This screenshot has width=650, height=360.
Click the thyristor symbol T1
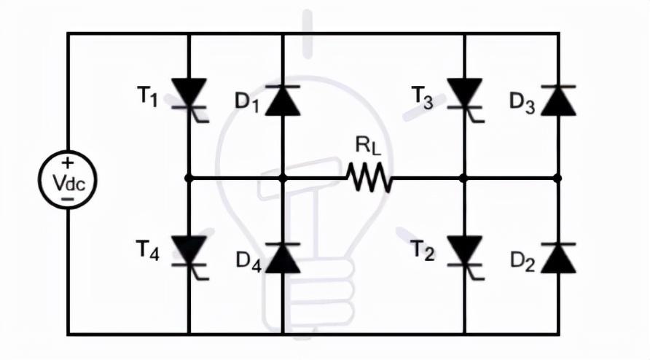pos(189,95)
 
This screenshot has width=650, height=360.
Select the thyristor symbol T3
pos(464,95)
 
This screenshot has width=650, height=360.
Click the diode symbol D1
pos(283,100)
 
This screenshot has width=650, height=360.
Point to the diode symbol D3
pos(557,100)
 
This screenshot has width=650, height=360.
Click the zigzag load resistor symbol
pos(371,177)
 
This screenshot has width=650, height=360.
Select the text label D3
pos(522,103)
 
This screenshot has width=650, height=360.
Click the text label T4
pos(148,251)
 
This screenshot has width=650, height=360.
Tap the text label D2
pos(522,261)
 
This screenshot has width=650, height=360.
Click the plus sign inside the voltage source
pos(68,163)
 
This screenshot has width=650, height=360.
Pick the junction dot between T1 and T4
pos(189,177)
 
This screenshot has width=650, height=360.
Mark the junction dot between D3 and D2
pos(557,177)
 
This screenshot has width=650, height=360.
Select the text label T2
pos(423,252)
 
